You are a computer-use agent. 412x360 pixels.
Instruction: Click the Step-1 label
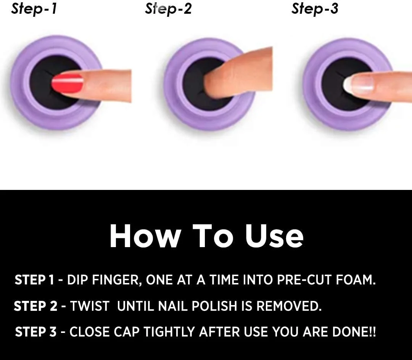click(x=34, y=8)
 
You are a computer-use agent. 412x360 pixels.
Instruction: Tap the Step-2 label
click(x=169, y=8)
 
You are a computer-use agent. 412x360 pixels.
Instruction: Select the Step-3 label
click(x=315, y=8)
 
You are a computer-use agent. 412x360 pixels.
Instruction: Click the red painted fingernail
click(x=67, y=83)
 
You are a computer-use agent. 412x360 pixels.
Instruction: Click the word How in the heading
click(x=145, y=236)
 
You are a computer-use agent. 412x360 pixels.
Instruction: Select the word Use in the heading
click(x=274, y=236)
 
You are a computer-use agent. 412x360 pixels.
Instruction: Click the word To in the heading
click(x=213, y=236)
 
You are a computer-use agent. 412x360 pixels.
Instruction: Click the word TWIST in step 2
click(x=90, y=306)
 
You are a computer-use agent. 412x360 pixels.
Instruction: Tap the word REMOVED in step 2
click(x=289, y=306)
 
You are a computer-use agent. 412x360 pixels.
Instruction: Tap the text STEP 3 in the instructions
click(x=36, y=332)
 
